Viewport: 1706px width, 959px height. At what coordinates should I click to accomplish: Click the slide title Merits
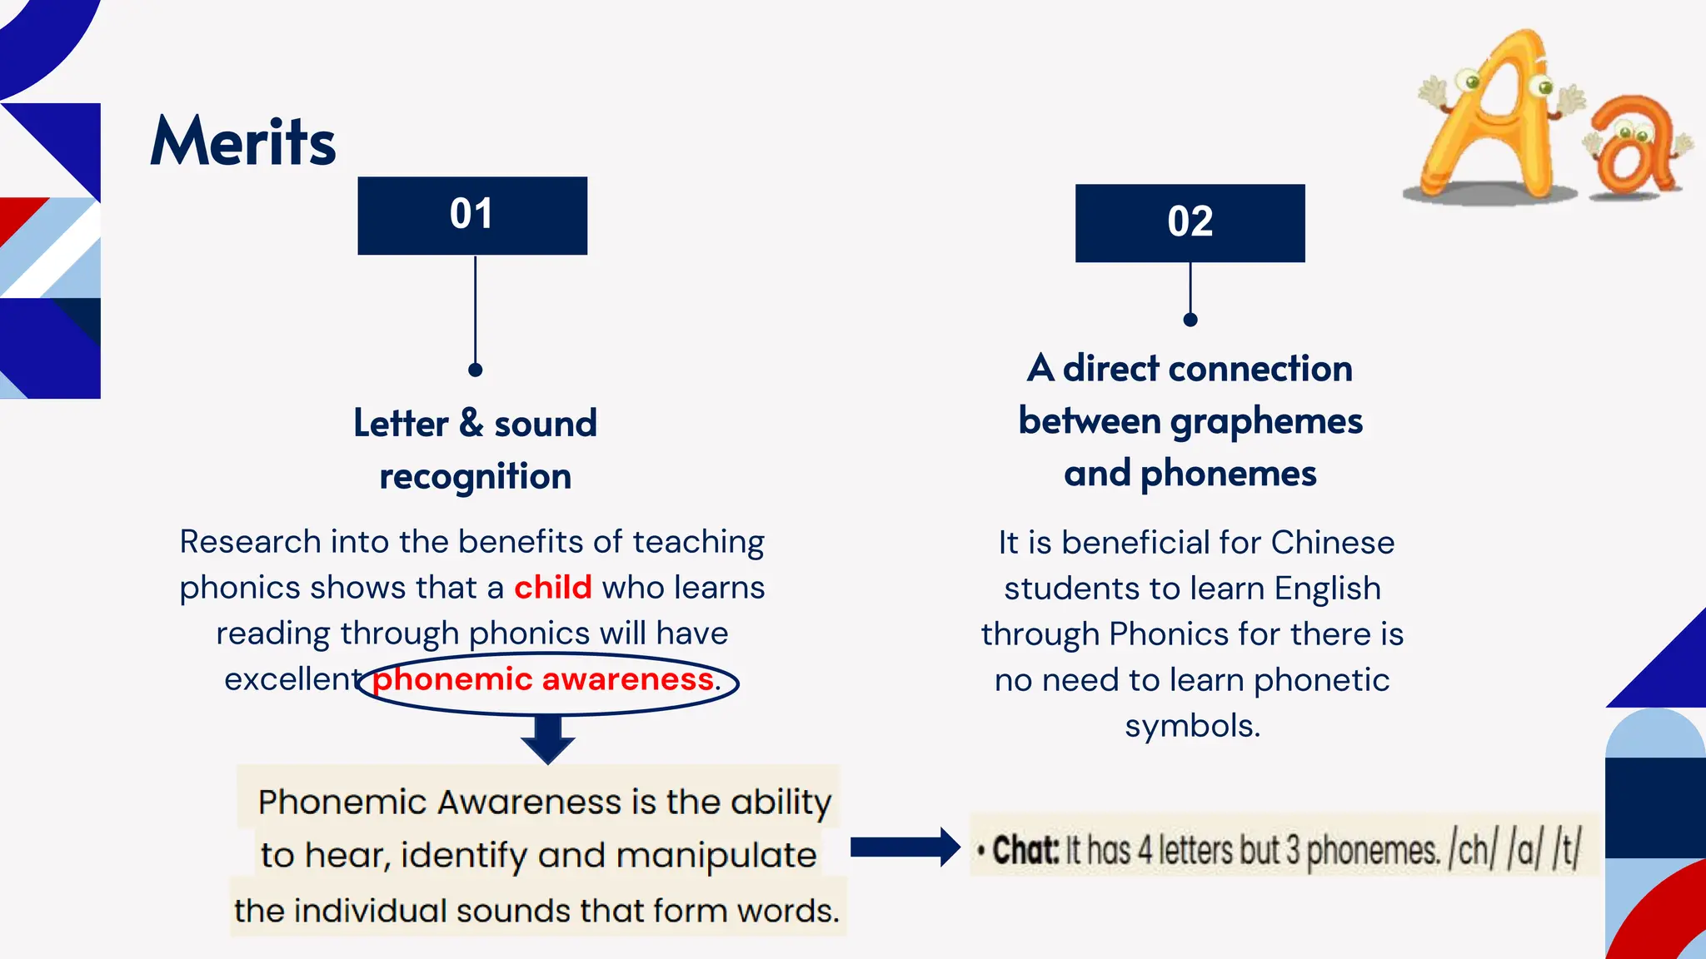click(x=242, y=142)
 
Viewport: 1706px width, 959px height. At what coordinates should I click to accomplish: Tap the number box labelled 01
click(x=472, y=215)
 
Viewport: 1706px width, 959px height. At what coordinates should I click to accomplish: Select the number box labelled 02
click(x=1190, y=222)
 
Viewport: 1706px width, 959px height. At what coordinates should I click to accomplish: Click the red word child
click(x=552, y=588)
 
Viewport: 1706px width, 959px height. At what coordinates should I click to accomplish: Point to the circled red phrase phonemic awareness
click(x=543, y=679)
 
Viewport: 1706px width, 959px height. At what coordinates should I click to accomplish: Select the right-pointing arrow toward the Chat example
click(x=905, y=847)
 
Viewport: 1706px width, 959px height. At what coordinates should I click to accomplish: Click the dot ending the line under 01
click(x=475, y=370)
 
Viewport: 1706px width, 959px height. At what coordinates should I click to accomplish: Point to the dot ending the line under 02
click(x=1190, y=320)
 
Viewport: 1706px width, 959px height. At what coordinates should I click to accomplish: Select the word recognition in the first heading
click(x=475, y=477)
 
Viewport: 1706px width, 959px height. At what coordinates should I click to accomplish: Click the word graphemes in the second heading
click(x=1266, y=421)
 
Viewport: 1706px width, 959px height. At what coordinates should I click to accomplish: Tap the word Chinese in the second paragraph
click(x=1332, y=543)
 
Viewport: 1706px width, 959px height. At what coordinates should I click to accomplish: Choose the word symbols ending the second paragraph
click(x=1192, y=726)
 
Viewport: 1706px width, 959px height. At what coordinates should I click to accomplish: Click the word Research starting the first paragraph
click(x=250, y=542)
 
